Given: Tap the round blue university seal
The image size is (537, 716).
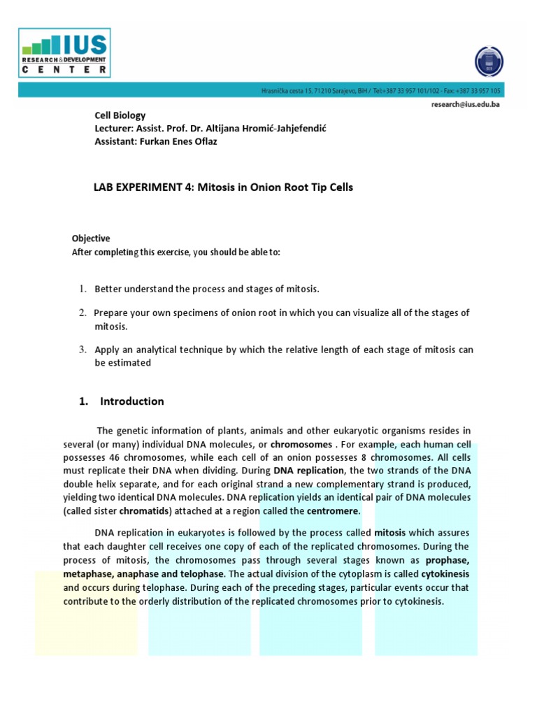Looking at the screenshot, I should point(488,61).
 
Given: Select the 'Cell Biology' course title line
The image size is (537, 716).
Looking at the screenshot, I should point(120,115).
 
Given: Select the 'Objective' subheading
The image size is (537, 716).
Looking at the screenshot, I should point(91,238).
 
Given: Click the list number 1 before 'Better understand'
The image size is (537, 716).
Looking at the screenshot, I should point(82,289).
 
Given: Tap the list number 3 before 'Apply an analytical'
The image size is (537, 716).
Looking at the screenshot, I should point(82,349).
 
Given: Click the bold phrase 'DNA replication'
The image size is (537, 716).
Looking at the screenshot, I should point(308,471).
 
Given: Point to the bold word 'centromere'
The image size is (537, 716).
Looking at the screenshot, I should point(333,510).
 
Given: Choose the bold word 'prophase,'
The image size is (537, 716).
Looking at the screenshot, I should point(444,560).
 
